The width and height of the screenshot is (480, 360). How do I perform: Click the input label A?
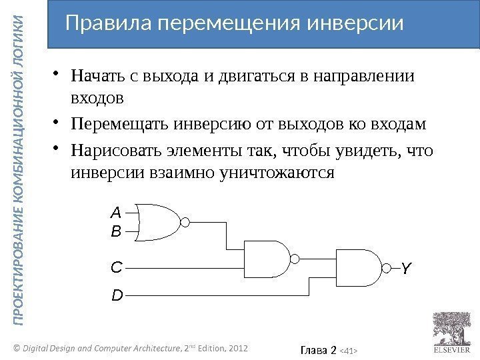coord(116,213)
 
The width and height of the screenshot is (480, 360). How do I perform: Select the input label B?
coord(116,233)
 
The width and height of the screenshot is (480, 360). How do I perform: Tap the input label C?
coord(116,267)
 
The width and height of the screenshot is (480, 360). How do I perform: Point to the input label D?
coord(116,294)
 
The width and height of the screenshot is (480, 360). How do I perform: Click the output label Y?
coord(406,269)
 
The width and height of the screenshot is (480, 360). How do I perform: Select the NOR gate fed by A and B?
coord(162,222)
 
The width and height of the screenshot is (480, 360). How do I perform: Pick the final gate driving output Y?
coord(358,267)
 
